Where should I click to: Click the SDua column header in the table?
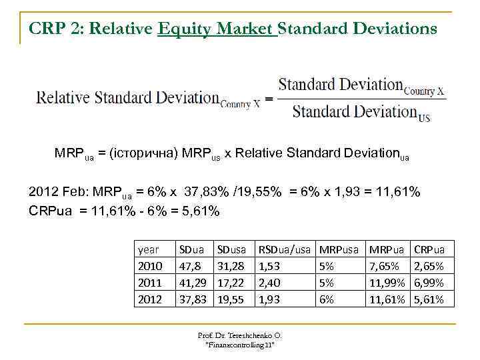point(192,250)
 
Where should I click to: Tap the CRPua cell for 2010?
point(429,267)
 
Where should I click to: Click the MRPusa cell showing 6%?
point(327,299)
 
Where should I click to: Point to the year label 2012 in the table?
point(150,299)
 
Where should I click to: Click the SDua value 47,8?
point(190,267)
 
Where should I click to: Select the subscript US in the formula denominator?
point(424,119)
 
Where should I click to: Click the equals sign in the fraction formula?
point(268,99)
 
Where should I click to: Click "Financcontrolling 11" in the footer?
point(240,345)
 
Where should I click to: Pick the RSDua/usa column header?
point(285,250)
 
